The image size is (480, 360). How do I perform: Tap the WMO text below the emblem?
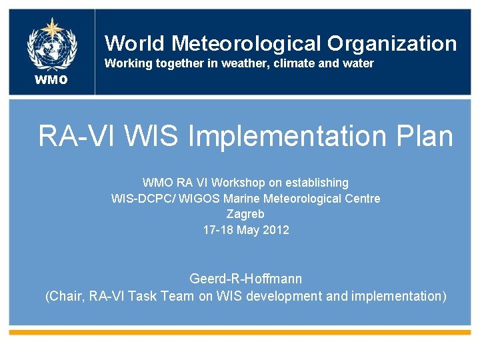pyautogui.click(x=51, y=81)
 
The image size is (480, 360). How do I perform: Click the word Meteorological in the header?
pyautogui.click(x=246, y=43)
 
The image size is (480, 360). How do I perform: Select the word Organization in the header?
pyautogui.click(x=392, y=43)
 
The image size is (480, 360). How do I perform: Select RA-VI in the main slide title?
pyautogui.click(x=75, y=136)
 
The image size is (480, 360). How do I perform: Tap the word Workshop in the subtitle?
pyautogui.click(x=235, y=183)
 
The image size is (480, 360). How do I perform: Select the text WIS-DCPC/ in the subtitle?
pyautogui.click(x=139, y=199)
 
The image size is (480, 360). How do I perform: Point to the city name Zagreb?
pyautogui.click(x=245, y=214)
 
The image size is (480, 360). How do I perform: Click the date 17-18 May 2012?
pyautogui.click(x=245, y=230)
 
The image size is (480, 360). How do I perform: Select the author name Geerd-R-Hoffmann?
pyautogui.click(x=245, y=279)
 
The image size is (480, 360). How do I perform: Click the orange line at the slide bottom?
pyautogui.click(x=240, y=331)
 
